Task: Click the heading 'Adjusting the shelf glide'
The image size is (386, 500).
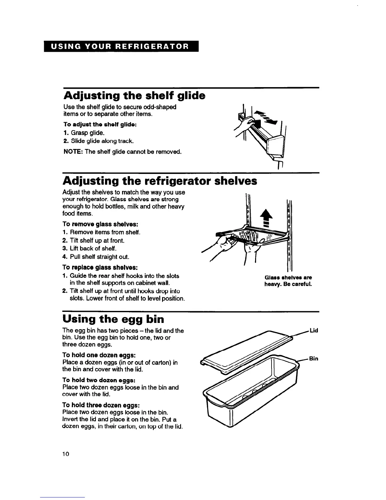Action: tap(134, 95)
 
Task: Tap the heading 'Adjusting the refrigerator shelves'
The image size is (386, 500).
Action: tap(160, 181)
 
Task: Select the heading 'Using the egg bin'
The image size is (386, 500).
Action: tap(113, 319)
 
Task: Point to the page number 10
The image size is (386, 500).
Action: tap(65, 454)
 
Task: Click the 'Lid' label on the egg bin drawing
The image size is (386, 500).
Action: tap(314, 330)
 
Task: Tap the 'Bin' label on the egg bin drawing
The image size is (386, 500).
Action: tap(313, 359)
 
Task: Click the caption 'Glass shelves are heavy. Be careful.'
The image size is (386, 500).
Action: tap(288, 281)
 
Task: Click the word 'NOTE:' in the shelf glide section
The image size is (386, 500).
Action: tap(73, 152)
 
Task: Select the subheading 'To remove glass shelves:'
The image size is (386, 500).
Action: tap(100, 224)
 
